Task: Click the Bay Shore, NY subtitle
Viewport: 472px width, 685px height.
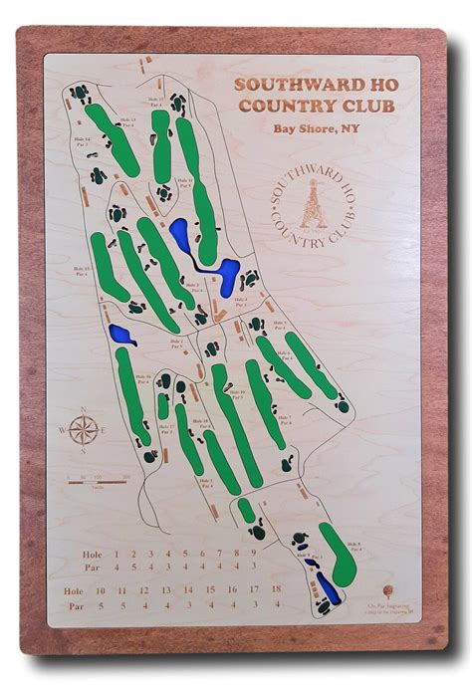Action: click(x=316, y=127)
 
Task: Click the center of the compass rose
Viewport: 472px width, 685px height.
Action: click(x=86, y=431)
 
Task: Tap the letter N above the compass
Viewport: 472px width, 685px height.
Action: click(x=86, y=409)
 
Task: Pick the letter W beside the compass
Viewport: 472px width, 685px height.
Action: click(x=62, y=431)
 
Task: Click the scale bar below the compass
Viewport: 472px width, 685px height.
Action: click(x=98, y=481)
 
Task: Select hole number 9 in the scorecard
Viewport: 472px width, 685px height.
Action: click(x=237, y=554)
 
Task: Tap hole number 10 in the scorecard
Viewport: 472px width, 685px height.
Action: click(x=100, y=590)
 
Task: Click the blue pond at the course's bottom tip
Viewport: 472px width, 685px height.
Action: click(x=327, y=587)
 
